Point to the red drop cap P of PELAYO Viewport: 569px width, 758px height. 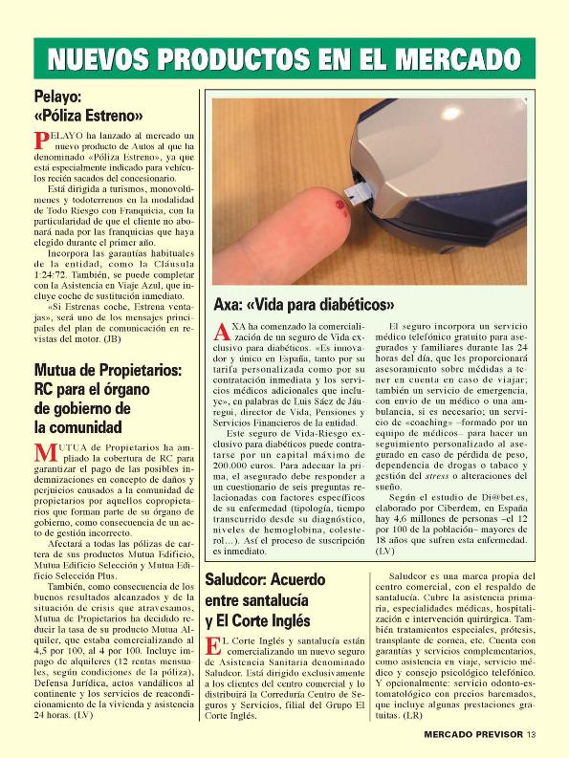41,141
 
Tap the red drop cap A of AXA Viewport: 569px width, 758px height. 220,332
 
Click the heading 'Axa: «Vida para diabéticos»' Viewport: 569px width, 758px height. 303,306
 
